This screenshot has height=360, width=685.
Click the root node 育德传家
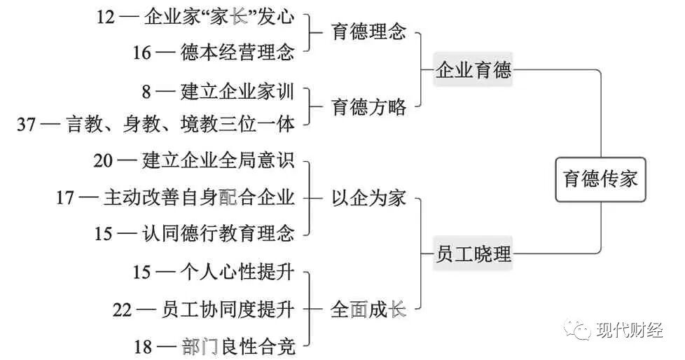point(601,179)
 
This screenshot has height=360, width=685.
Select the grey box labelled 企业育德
point(473,70)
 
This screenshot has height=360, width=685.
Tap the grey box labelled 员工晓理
point(473,253)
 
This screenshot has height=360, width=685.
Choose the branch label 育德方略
point(368,107)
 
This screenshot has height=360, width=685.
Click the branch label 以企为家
point(368,198)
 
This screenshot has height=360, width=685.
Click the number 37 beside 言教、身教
point(27,125)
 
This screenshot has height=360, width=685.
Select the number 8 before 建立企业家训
point(146,91)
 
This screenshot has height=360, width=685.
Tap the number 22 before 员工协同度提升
point(123,310)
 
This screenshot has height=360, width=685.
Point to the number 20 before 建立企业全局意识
point(104,161)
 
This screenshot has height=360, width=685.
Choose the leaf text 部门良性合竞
point(238,346)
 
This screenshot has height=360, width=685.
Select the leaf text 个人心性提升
point(238,272)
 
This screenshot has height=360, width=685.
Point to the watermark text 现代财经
point(629,330)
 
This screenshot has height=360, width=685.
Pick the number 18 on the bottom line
point(143,346)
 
